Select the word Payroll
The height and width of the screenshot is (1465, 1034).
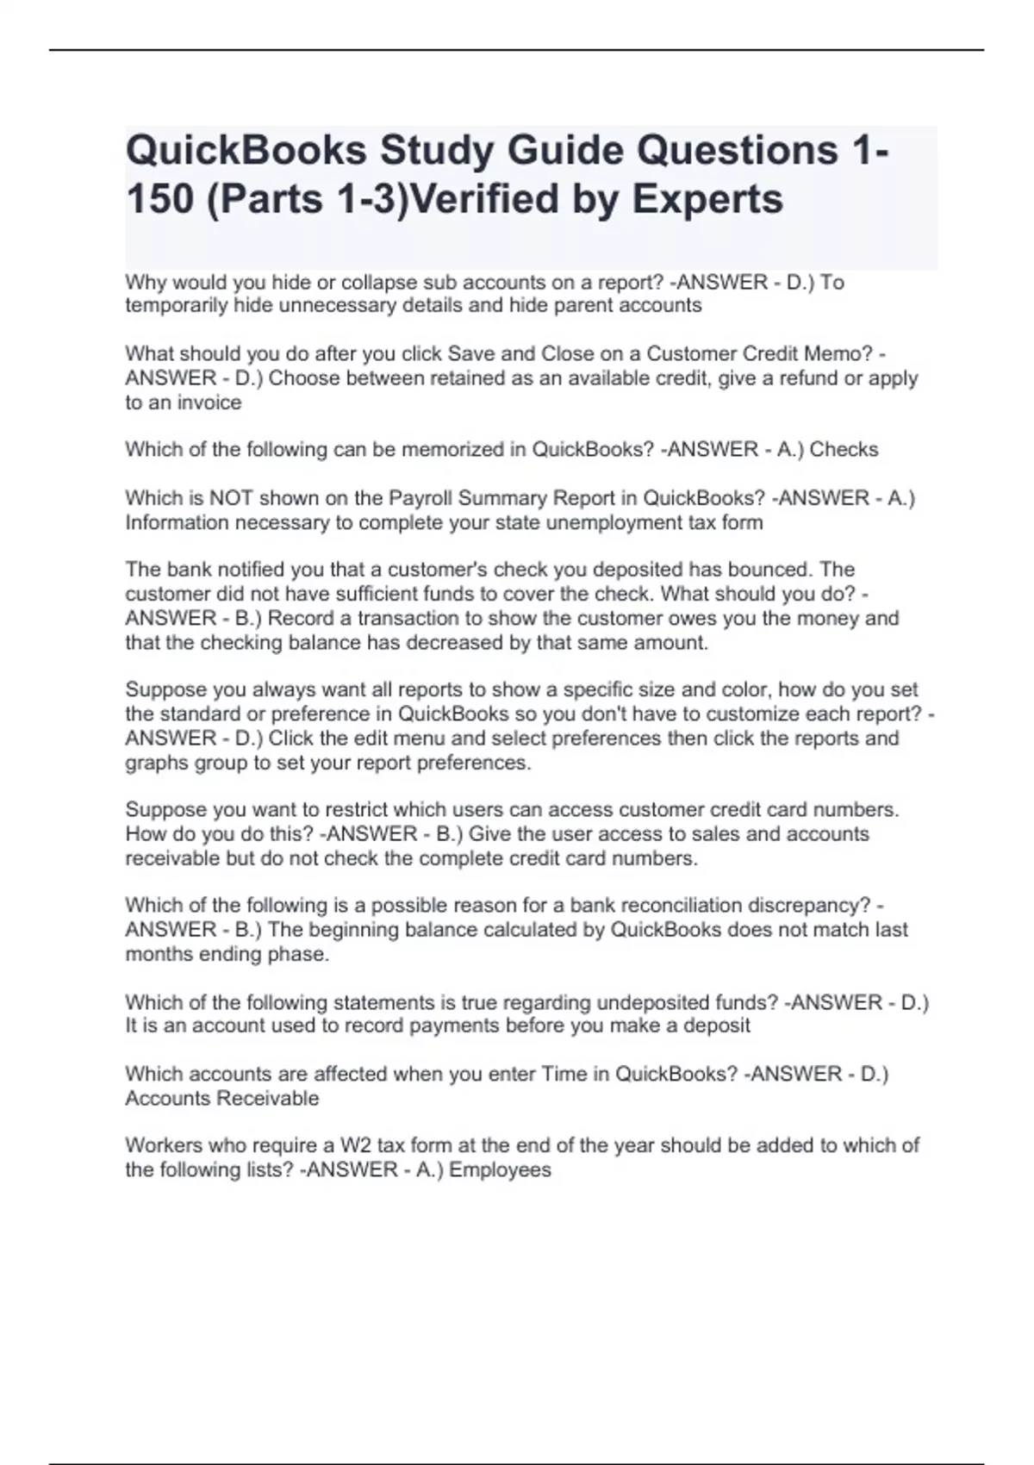423,498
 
